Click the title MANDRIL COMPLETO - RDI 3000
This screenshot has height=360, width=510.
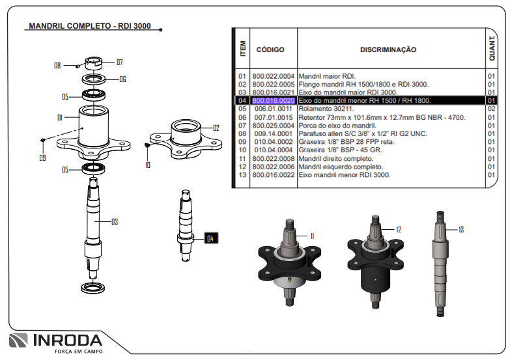[x=90, y=27]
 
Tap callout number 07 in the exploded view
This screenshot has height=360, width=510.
[x=119, y=62]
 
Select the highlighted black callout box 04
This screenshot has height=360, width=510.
[x=210, y=239]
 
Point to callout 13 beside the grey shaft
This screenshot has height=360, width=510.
[x=460, y=229]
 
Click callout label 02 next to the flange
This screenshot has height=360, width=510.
[x=216, y=128]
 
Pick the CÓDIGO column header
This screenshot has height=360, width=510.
[x=270, y=49]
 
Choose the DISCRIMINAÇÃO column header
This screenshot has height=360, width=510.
[x=388, y=49]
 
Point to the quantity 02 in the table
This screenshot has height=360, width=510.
[x=491, y=109]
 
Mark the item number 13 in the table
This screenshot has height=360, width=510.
[x=242, y=175]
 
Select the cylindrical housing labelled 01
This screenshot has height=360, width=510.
[x=94, y=124]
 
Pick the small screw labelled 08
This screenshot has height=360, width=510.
[x=78, y=64]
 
